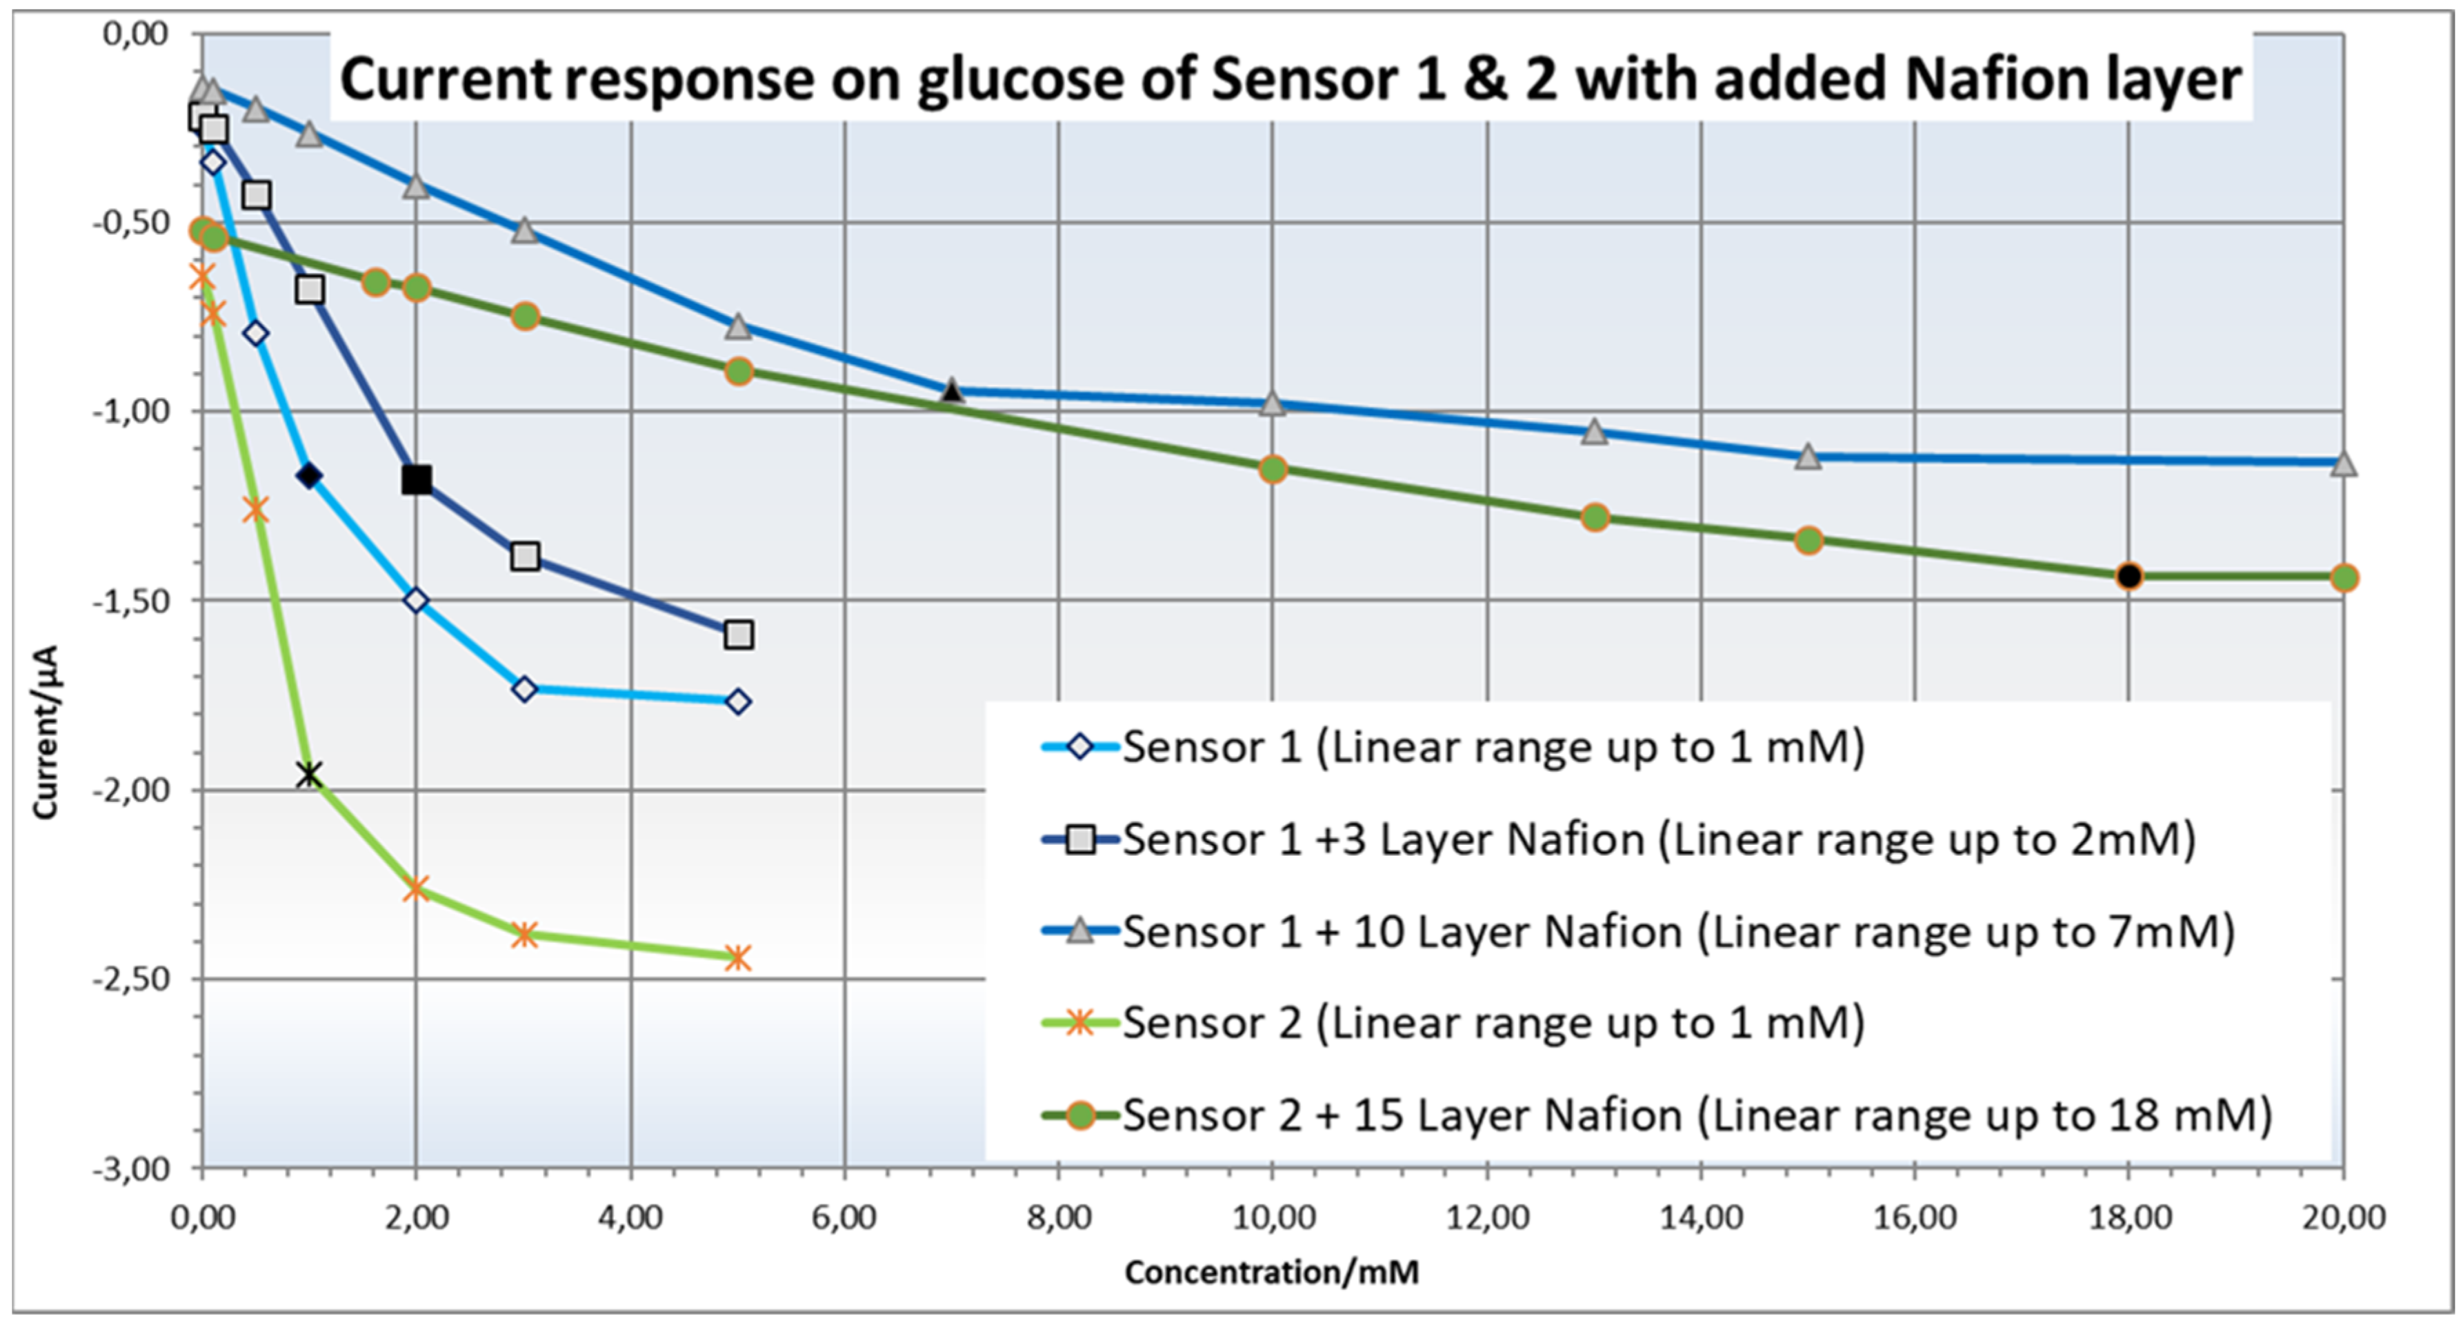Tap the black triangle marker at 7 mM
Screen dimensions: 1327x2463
pyautogui.click(x=951, y=391)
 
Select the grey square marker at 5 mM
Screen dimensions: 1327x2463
pyautogui.click(x=738, y=634)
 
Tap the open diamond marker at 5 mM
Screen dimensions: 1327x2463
pyautogui.click(x=737, y=701)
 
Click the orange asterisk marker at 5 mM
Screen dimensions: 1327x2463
pyautogui.click(x=737, y=957)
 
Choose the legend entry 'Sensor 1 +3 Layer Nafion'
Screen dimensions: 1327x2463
pyautogui.click(x=1616, y=839)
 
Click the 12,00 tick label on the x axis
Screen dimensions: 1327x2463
pyautogui.click(x=1487, y=1217)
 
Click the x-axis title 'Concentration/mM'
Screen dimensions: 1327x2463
pyautogui.click(x=1272, y=1272)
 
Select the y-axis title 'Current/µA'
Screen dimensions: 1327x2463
pyautogui.click(x=45, y=731)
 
